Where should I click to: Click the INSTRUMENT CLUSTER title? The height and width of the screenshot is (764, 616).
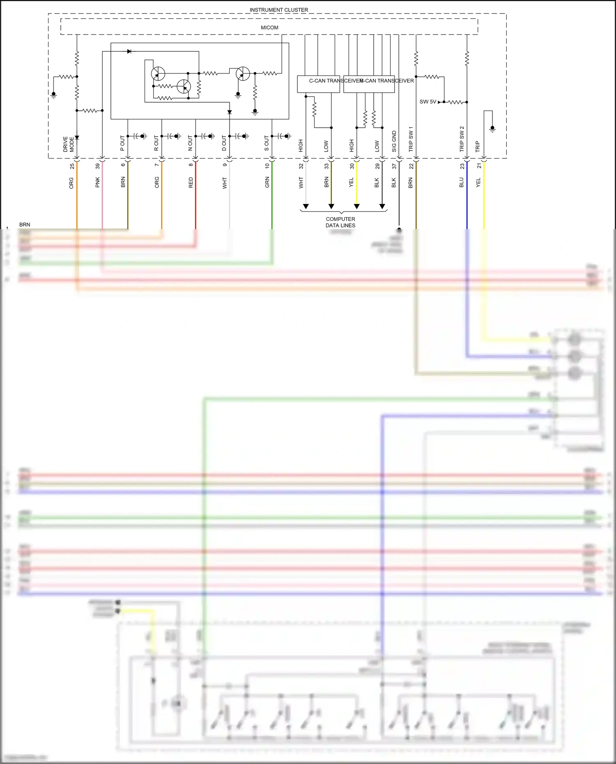click(278, 10)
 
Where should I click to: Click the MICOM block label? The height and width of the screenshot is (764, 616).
click(269, 28)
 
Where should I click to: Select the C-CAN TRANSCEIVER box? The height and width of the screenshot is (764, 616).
click(318, 84)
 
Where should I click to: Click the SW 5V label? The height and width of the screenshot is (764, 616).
click(428, 102)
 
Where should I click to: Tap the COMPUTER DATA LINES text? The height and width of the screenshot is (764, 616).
click(340, 222)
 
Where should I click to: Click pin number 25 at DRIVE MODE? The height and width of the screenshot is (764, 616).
click(72, 166)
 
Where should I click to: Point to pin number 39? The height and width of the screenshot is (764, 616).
click(98, 166)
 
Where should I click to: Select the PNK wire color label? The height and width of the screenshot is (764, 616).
click(98, 182)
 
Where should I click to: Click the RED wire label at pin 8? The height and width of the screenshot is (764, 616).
click(191, 183)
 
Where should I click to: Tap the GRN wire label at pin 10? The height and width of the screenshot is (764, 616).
click(267, 182)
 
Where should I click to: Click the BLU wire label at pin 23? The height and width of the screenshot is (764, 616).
click(462, 182)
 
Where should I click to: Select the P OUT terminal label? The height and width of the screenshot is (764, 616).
click(122, 143)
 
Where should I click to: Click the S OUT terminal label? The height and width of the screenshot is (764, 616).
click(267, 143)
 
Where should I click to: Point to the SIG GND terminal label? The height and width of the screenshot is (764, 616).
click(394, 141)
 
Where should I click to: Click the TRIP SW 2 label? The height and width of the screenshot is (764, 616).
click(462, 139)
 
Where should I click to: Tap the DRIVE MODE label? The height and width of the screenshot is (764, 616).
click(69, 144)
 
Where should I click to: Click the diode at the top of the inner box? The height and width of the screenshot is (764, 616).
click(129, 51)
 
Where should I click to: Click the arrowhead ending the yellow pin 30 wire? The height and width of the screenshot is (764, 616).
click(357, 206)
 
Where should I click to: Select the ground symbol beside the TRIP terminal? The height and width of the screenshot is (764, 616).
click(492, 129)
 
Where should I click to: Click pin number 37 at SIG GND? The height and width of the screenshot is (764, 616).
click(394, 166)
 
